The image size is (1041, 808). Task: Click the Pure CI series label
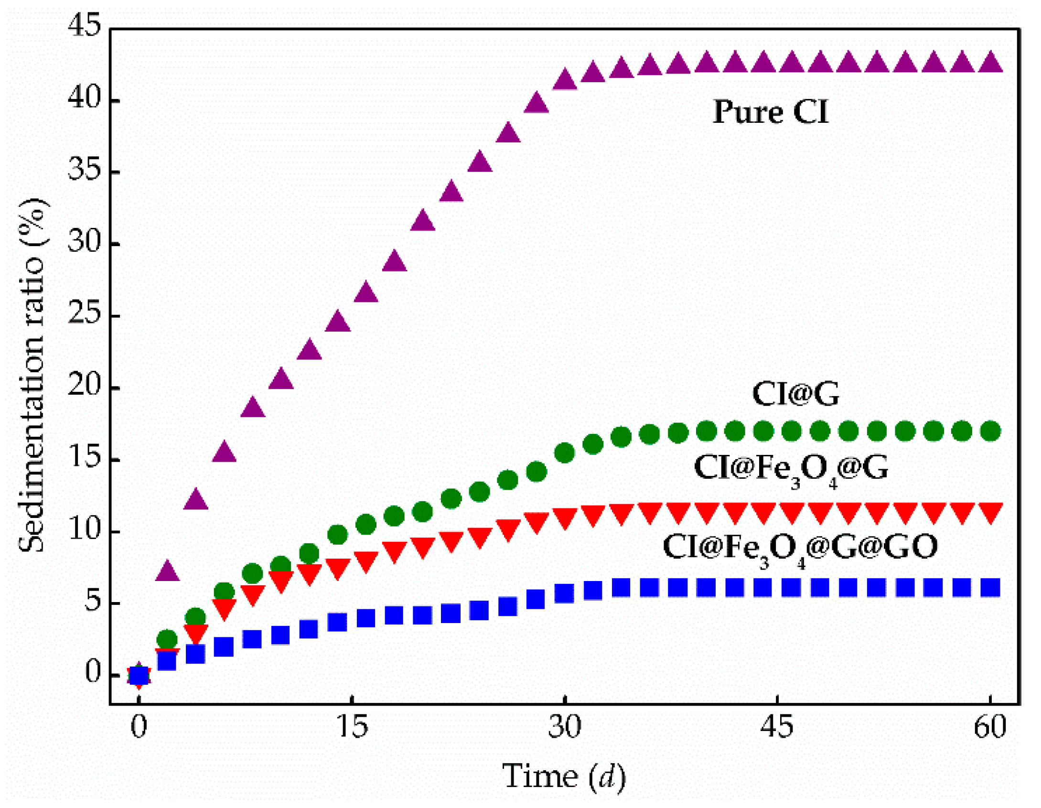coord(770,112)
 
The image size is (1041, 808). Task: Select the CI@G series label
coord(795,394)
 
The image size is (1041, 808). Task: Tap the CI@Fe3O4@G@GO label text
coord(800,547)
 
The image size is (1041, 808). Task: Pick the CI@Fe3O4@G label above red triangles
coord(791,468)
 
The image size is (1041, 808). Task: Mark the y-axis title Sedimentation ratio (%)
coord(32,375)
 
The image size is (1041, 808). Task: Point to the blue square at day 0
coord(139,675)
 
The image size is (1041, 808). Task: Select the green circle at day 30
coord(564,452)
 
